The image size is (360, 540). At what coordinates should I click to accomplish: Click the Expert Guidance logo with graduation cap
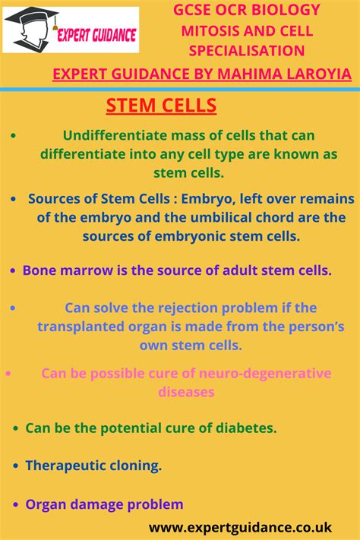pyautogui.click(x=71, y=30)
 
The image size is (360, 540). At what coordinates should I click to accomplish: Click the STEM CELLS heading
pyautogui.click(x=161, y=106)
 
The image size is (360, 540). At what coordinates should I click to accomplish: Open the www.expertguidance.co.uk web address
pyautogui.click(x=251, y=526)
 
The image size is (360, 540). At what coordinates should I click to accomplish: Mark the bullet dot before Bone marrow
pyautogui.click(x=14, y=270)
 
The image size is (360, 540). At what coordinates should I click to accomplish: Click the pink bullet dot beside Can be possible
pyautogui.click(x=9, y=374)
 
